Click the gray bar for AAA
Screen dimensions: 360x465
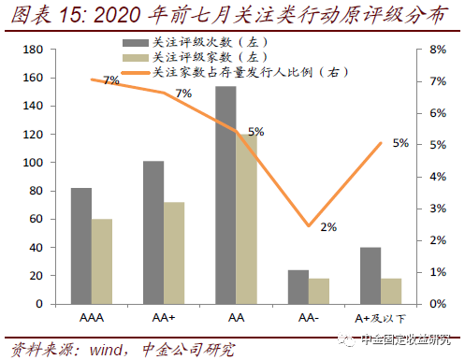81,246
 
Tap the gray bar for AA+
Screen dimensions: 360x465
153,233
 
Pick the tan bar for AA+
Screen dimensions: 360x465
174,253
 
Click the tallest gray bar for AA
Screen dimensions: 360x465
225,195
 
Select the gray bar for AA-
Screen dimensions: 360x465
298,287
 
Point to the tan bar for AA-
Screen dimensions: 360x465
318,292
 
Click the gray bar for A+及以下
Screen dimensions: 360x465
370,276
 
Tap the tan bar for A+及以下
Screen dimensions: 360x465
390,292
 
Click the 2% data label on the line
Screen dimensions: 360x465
327,227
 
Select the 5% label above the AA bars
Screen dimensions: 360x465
255,133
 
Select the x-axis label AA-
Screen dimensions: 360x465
308,318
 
